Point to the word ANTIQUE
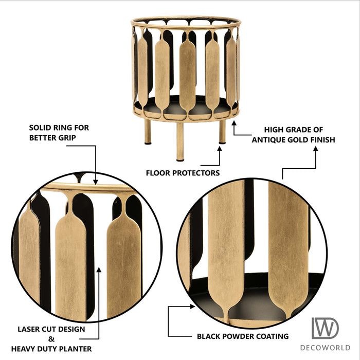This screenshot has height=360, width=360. pos(268,140)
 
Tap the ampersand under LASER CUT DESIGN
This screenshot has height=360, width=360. pos(51,339)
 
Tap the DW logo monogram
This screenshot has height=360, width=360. pos(325,328)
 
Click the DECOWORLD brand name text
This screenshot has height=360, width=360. pos(325,348)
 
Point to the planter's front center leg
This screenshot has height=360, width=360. pos(180,141)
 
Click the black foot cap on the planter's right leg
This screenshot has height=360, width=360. pos(222,143)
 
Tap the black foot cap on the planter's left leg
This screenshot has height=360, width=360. pos(148,143)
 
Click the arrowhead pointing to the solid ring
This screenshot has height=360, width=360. pos(96,182)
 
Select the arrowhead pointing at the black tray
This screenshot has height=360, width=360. pos(192,307)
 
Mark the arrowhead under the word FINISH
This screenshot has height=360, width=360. pos(316,149)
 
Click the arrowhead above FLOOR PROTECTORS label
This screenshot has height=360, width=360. pos(220,149)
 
